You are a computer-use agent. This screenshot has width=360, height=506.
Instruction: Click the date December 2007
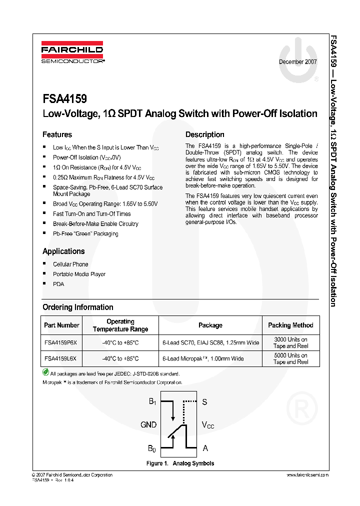click(x=297, y=62)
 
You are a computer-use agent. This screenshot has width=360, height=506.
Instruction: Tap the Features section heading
click(x=57, y=134)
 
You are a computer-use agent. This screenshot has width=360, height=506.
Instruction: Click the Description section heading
click(x=205, y=134)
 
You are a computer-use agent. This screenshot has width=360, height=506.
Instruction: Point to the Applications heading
click(x=63, y=251)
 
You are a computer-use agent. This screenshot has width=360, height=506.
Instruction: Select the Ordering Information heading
click(x=78, y=307)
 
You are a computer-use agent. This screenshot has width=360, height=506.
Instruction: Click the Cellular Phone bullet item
click(x=70, y=264)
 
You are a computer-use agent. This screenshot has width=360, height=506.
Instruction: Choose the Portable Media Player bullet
click(x=79, y=274)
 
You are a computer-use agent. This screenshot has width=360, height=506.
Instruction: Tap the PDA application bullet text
click(x=58, y=284)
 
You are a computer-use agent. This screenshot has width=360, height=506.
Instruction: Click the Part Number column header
click(x=61, y=325)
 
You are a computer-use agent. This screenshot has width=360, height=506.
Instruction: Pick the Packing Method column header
click(x=290, y=325)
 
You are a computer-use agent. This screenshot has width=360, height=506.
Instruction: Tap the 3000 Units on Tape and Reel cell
click(x=290, y=342)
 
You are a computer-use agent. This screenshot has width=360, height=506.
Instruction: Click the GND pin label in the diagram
click(x=148, y=424)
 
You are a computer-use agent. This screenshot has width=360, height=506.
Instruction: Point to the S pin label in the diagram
click(x=204, y=401)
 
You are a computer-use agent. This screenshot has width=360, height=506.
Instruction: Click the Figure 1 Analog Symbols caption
click(x=180, y=463)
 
